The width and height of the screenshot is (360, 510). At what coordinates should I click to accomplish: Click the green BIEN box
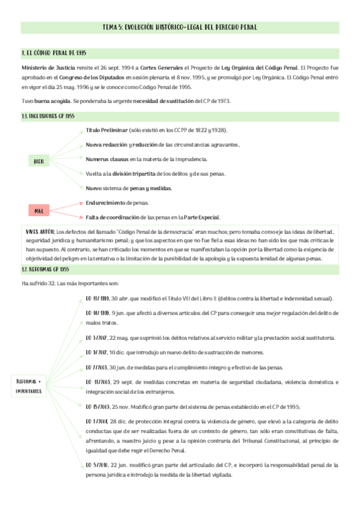(x=38, y=162)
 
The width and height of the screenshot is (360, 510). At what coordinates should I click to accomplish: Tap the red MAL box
(x=38, y=210)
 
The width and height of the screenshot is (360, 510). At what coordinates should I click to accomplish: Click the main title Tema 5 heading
(x=180, y=28)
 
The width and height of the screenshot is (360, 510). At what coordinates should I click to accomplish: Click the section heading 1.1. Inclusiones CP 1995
(x=48, y=115)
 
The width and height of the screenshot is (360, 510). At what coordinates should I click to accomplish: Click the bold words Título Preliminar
(x=106, y=131)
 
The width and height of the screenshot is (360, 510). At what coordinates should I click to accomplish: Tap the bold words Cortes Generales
(x=166, y=68)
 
